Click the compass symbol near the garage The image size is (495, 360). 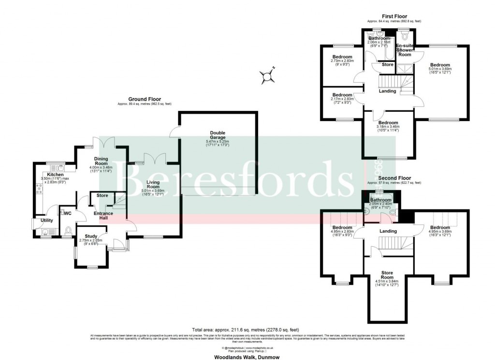(x=266, y=75)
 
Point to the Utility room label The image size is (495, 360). (x=47, y=220)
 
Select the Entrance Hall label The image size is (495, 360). (x=103, y=216)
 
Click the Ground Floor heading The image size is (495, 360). (x=145, y=99)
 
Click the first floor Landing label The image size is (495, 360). (x=387, y=91)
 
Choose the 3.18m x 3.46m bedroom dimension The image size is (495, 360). (x=388, y=127)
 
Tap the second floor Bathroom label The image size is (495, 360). (x=380, y=199)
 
